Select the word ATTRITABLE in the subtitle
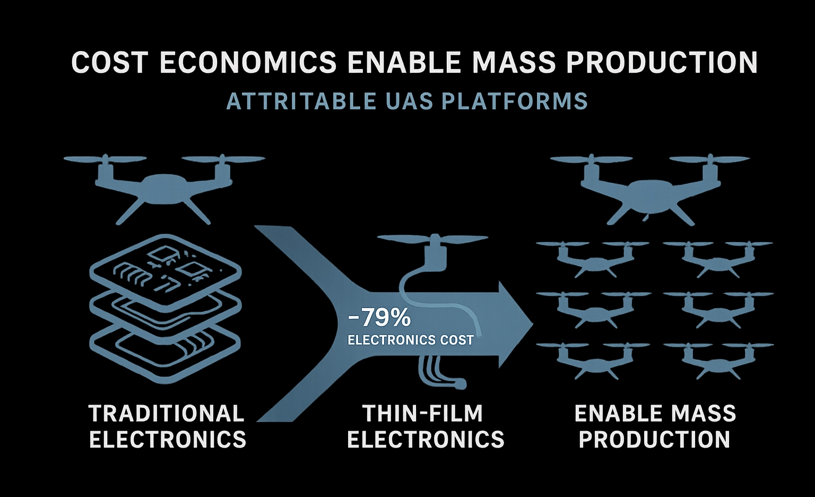pos(301,101)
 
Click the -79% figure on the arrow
pos(379,318)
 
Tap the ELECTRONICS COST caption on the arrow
pos(411,340)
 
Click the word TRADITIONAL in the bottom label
pos(167,414)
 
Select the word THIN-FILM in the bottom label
pos(423,414)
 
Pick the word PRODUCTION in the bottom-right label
pos(654,440)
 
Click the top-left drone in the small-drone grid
pos(592,259)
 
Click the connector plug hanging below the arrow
pos(461,384)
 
